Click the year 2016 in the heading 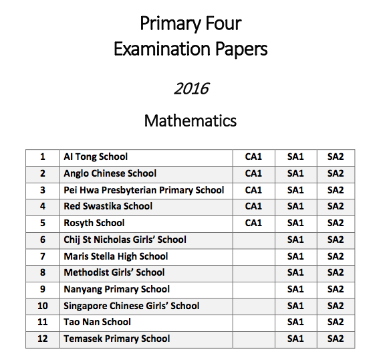(191, 88)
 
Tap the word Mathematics (190, 121)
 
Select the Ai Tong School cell (96, 157)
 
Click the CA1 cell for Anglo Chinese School (253, 173)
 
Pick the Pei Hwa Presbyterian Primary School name (144, 190)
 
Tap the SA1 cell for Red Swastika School (295, 206)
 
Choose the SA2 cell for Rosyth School (336, 223)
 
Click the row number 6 (43, 240)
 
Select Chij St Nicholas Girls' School (125, 240)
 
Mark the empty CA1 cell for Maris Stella (253, 256)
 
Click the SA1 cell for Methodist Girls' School (295, 272)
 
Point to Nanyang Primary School (117, 289)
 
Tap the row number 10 (43, 306)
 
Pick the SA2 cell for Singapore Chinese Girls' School (336, 306)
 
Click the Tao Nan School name (98, 322)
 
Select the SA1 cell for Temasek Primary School (295, 339)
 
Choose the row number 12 (43, 339)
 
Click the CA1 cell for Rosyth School (253, 223)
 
